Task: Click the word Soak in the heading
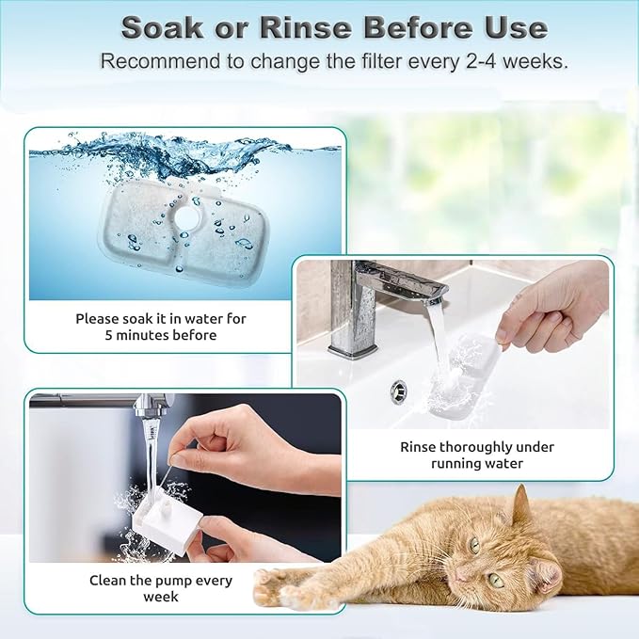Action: click(x=163, y=26)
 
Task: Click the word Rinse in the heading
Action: click(x=301, y=26)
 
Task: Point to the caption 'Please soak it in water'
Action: click(x=161, y=318)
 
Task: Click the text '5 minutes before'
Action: click(x=161, y=335)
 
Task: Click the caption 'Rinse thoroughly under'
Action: click(x=477, y=447)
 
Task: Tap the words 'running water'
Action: click(x=477, y=464)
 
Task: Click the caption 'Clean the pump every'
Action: click(x=160, y=580)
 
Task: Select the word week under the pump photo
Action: click(x=160, y=597)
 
